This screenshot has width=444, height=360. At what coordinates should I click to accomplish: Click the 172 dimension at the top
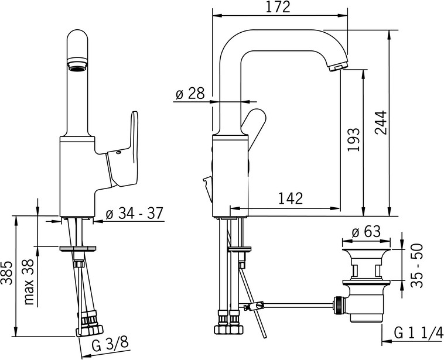(278, 7)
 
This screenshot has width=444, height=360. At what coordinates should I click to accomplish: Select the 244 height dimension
(380, 122)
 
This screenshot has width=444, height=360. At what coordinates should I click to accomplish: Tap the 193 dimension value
(353, 140)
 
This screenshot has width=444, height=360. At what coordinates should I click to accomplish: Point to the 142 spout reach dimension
(291, 198)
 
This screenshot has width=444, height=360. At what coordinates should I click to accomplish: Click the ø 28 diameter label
(190, 94)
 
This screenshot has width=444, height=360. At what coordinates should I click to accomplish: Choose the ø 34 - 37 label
(135, 213)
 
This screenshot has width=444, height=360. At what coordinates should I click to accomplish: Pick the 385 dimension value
(6, 273)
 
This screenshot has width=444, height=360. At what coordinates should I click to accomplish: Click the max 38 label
(29, 282)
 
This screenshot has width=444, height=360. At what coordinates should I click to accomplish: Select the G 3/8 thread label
(111, 345)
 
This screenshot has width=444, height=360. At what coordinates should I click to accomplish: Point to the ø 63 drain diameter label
(366, 232)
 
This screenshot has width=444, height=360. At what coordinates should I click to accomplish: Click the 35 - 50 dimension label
(417, 266)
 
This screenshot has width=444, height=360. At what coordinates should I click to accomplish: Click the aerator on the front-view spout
(77, 63)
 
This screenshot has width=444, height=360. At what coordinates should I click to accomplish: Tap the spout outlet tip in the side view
(337, 67)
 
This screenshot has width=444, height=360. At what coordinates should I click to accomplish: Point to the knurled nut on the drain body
(339, 305)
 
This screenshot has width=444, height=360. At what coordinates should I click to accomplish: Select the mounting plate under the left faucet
(77, 249)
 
